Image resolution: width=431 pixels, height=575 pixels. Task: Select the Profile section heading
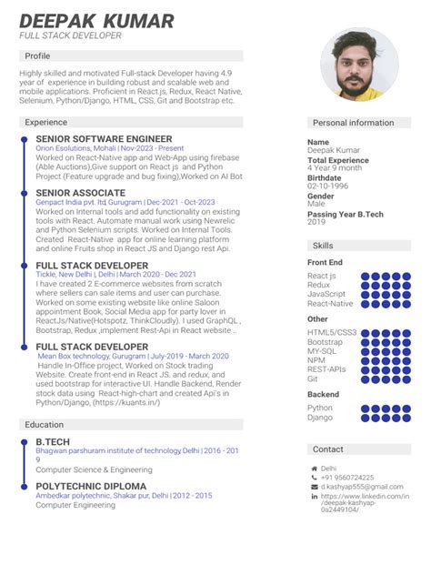tap(37, 55)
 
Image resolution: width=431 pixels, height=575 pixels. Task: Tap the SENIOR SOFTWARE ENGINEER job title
tap(104, 138)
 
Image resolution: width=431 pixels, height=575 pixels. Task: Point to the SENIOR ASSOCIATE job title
tap(80, 193)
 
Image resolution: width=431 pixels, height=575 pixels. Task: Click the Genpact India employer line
tap(125, 202)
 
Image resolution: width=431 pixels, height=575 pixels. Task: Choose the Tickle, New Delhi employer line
tap(115, 274)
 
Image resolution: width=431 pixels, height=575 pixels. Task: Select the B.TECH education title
tap(52, 441)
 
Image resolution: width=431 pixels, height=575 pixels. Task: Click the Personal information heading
tap(353, 122)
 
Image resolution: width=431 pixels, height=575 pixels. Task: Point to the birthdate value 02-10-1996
tap(328, 186)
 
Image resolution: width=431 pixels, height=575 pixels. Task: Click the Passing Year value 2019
tap(316, 222)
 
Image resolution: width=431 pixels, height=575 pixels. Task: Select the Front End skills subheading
tap(325, 262)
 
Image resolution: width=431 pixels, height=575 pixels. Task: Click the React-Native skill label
tap(330, 303)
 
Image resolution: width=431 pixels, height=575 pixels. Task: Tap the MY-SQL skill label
tap(322, 350)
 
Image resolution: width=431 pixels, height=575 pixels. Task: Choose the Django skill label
tap(319, 417)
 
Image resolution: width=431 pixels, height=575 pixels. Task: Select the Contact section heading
tap(328, 449)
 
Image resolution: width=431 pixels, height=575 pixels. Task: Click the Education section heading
tap(44, 424)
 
